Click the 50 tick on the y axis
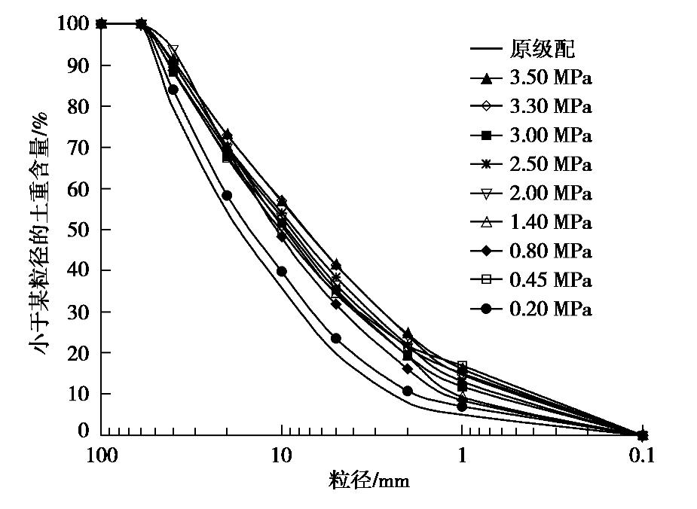[x=78, y=229]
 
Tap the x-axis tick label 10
[x=281, y=456]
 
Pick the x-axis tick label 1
[x=462, y=456]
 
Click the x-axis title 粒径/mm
[x=369, y=480]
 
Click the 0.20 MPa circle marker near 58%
[x=227, y=195]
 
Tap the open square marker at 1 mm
[x=462, y=366]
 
